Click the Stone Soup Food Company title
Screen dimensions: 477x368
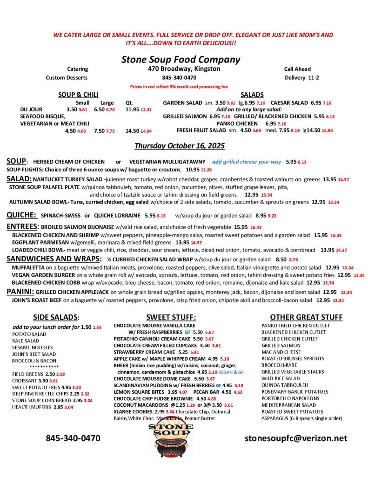181,59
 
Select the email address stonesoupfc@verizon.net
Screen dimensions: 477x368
296,438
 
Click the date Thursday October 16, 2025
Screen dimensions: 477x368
180,146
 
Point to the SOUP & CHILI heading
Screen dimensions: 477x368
78,95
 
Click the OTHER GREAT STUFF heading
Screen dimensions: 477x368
306,317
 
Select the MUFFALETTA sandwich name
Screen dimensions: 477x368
28,267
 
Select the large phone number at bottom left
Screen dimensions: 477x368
73,438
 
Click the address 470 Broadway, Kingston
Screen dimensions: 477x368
181,69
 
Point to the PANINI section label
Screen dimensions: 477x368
20,292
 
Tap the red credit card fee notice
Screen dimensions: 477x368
179,87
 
